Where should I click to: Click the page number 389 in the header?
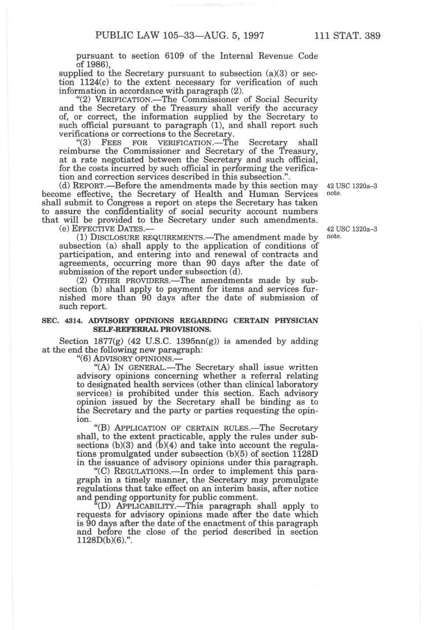370,35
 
